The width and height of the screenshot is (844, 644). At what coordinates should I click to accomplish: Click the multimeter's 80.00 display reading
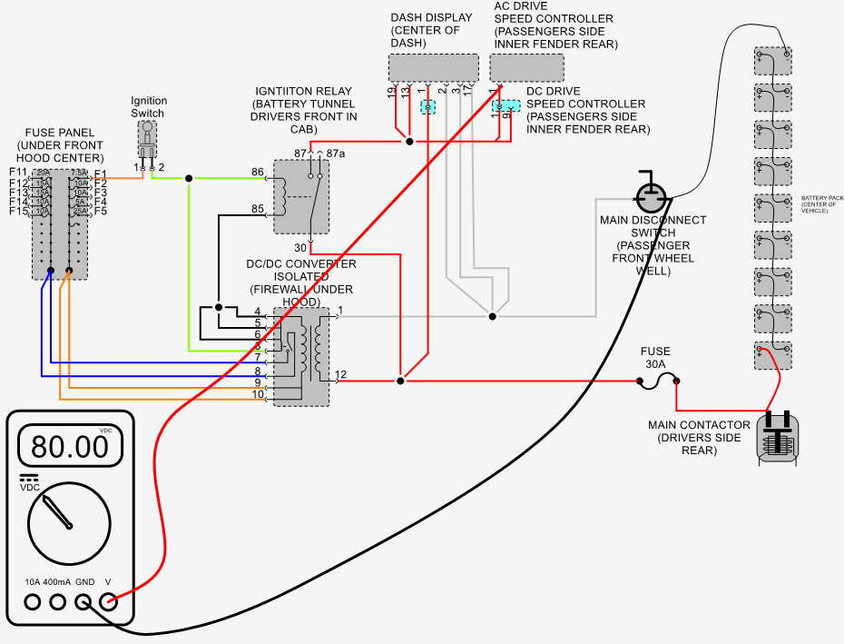[x=69, y=446]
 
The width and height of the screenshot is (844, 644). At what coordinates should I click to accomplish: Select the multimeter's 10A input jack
[x=33, y=601]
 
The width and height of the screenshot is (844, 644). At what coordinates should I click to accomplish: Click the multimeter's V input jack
[x=109, y=601]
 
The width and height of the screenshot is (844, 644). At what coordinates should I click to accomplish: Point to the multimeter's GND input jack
[x=84, y=601]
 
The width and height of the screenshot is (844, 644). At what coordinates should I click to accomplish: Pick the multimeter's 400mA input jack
[x=58, y=601]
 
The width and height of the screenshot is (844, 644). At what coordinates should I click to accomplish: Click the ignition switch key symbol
[x=148, y=142]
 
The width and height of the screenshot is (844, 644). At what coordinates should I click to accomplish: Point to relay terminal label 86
[x=258, y=172]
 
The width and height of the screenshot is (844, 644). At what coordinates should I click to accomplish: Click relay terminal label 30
[x=300, y=248]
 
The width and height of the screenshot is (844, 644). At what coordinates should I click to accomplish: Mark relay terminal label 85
[x=258, y=210]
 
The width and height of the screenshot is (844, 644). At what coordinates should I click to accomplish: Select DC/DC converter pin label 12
[x=340, y=374]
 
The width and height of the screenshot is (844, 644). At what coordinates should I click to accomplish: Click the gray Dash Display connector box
[x=434, y=67]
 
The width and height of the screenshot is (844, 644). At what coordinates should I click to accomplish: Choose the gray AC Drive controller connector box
[x=526, y=67]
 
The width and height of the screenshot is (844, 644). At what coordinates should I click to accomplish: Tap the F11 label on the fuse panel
[x=18, y=173]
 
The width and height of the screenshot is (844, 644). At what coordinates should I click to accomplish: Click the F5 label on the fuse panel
[x=101, y=212]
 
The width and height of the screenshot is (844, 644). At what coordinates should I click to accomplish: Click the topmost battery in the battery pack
[x=772, y=63]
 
